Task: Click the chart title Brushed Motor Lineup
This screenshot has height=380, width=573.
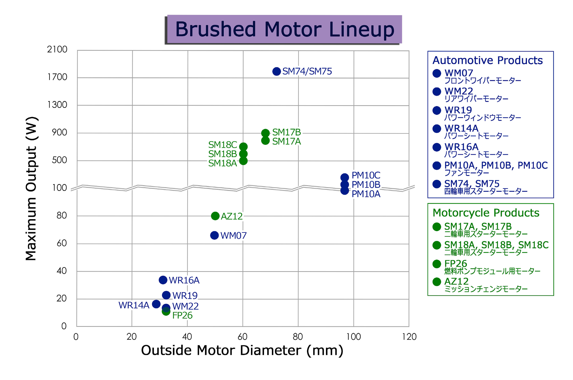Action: tap(285, 29)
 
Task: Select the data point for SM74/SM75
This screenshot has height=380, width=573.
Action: tap(276, 72)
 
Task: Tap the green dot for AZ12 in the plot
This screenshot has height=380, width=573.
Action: tap(215, 216)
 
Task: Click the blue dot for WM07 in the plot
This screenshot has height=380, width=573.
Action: tap(214, 235)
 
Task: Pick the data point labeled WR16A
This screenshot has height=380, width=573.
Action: tap(163, 280)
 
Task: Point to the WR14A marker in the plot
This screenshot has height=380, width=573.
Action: tap(156, 304)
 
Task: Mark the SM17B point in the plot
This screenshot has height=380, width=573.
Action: tap(265, 133)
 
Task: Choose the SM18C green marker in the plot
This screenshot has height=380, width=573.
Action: tap(243, 146)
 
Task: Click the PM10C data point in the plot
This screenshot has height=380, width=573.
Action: tap(344, 177)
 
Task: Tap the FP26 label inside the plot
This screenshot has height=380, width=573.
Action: tap(182, 316)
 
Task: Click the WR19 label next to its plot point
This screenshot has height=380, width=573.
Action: tap(185, 295)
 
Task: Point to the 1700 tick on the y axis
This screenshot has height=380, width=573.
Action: tap(57, 77)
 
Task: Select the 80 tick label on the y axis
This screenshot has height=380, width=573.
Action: tap(61, 215)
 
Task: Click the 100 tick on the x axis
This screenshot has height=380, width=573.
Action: tap(353, 337)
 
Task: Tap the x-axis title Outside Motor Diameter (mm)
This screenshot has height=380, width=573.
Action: tap(242, 351)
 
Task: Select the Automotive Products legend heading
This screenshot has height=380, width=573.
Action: tap(488, 60)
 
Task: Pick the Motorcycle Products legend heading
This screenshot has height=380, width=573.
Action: tap(486, 213)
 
